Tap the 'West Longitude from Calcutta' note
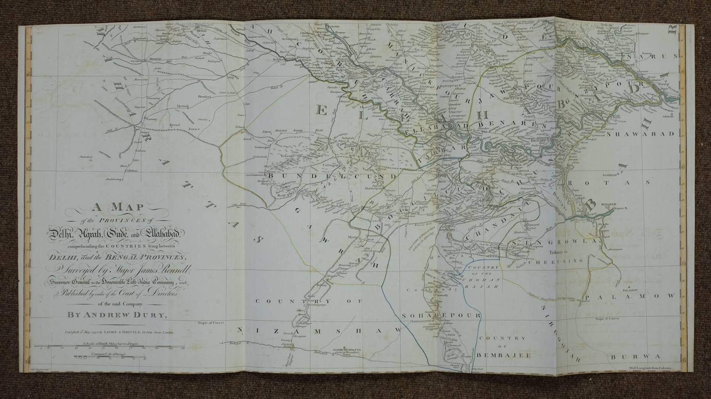coord(652,368)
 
